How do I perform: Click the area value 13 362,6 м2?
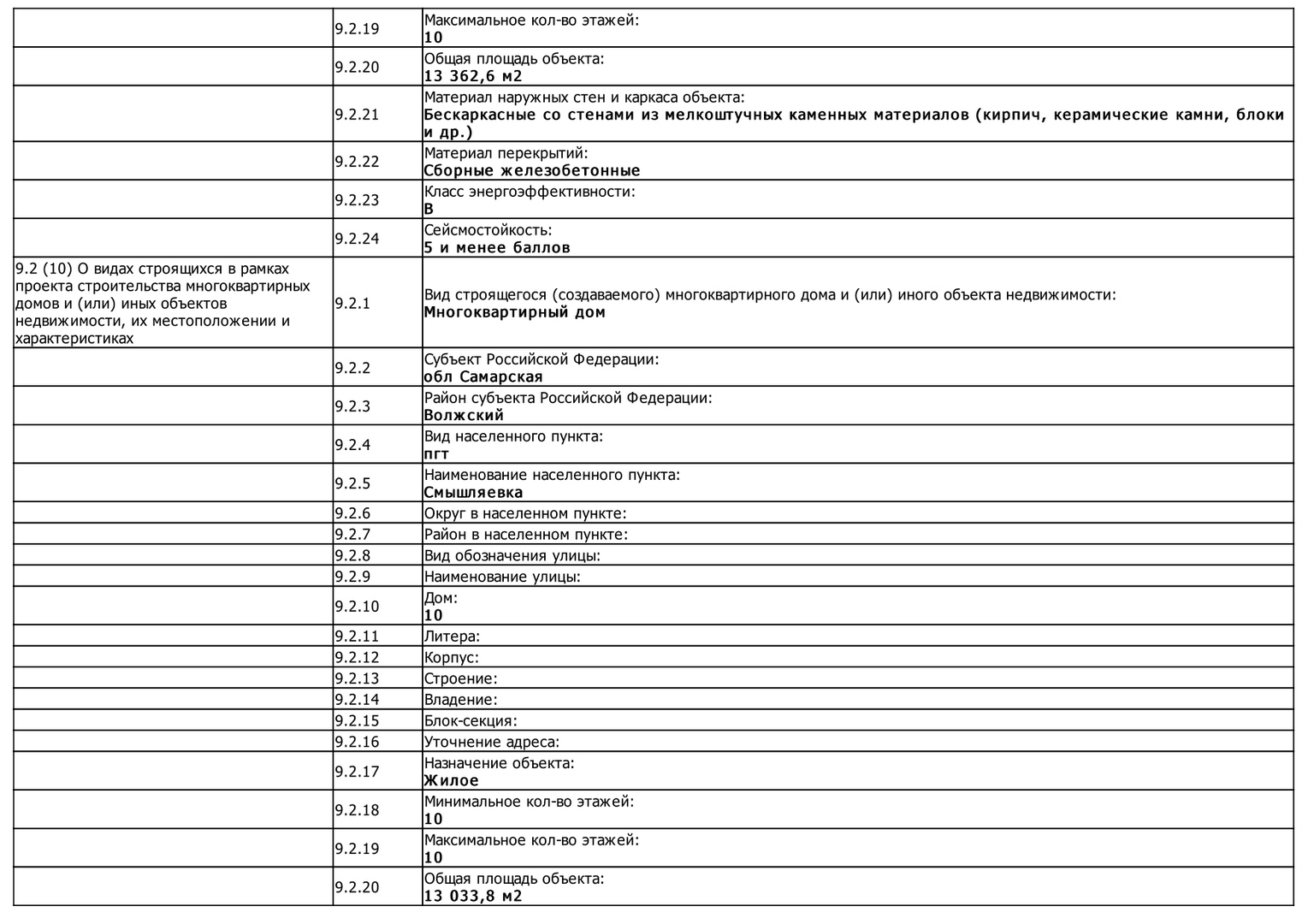(x=473, y=76)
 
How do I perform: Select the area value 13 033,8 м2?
(x=473, y=896)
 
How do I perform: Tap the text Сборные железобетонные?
(x=532, y=170)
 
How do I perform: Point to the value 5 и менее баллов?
(x=497, y=247)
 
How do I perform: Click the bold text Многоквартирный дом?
(x=515, y=312)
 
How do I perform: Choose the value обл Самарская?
(x=483, y=376)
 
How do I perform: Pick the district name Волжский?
(x=464, y=415)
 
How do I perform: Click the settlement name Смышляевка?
(x=473, y=492)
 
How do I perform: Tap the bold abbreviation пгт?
(x=436, y=453)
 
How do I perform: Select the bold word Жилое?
(x=452, y=780)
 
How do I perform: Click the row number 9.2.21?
(x=357, y=115)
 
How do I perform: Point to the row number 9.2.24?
(x=357, y=239)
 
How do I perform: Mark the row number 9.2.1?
(x=352, y=303)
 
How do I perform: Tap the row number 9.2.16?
(x=357, y=742)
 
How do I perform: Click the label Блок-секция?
(x=471, y=720)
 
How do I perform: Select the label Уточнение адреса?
(x=492, y=742)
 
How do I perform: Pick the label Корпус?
(x=452, y=657)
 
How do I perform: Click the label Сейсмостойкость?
(x=488, y=230)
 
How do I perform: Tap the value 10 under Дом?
(x=434, y=615)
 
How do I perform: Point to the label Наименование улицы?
(x=502, y=577)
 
